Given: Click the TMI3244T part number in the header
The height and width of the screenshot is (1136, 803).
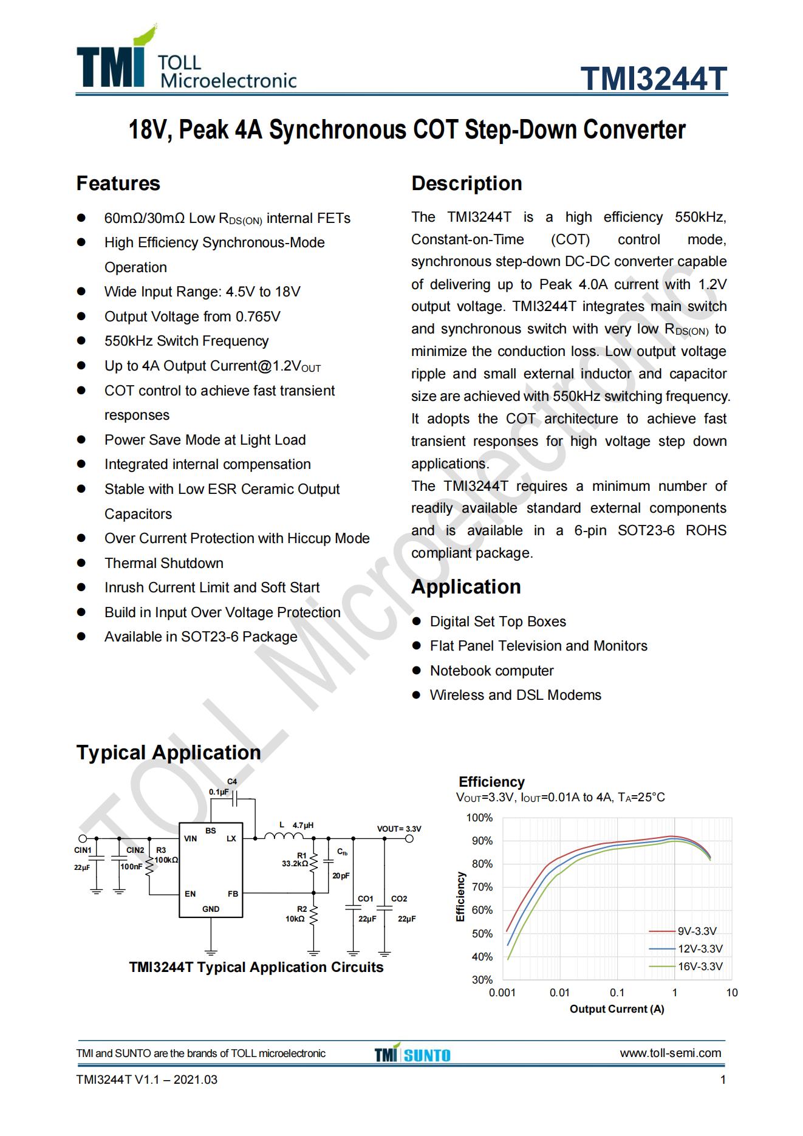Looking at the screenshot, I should coord(653,78).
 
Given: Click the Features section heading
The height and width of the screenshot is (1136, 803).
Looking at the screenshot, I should coord(118,183).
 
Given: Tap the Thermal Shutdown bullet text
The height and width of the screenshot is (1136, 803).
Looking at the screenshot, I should coord(163,563).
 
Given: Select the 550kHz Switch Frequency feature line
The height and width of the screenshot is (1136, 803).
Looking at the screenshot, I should coord(186,341).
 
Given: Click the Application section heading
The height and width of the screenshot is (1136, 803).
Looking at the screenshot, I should coord(466,587).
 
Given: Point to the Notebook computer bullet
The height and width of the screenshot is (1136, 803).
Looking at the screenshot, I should coord(491,671).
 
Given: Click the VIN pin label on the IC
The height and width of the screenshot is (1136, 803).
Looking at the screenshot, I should coord(190,839).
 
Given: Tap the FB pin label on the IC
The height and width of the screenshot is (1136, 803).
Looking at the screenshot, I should coord(233,894).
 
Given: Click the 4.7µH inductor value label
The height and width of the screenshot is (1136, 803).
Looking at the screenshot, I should coord(303,826).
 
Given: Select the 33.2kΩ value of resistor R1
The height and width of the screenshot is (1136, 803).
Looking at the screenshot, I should coord(295,863).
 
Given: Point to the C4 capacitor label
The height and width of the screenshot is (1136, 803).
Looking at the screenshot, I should coord(231,781).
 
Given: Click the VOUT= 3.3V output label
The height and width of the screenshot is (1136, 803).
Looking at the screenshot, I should coord(398,829).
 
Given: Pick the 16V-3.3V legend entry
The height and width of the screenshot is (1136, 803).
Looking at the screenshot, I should coord(700,966).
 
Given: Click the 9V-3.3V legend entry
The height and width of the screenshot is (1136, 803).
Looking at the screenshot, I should coord(697,931).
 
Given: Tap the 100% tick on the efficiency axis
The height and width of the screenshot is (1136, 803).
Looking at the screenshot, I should coord(479,818).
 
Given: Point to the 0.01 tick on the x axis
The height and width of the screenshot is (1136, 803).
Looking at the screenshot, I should coord(559,993).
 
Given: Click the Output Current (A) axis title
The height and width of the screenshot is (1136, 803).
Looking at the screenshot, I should coord(617,1009).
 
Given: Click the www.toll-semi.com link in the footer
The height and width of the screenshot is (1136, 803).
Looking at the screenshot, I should coord(670,1053).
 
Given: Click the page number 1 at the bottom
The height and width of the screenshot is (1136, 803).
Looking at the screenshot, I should coord(722,1080).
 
